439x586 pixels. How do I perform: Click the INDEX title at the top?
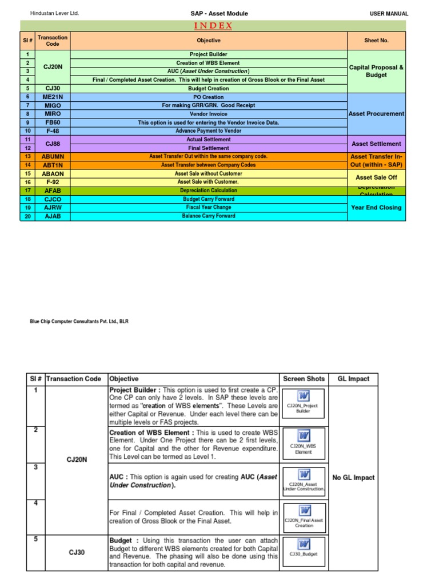point(213,25)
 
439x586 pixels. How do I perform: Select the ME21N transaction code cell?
point(52,97)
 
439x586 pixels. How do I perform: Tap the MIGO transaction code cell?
point(52,105)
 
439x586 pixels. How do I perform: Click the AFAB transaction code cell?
point(52,191)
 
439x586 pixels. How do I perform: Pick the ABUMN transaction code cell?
point(52,156)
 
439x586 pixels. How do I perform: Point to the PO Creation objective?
point(209,97)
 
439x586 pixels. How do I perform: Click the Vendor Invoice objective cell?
point(209,114)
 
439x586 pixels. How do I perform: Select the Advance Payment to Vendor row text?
point(209,131)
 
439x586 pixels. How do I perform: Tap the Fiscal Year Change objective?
point(209,207)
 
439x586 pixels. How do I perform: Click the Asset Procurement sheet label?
point(377,114)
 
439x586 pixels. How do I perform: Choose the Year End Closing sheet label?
point(377,208)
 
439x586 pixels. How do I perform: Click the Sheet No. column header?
point(377,41)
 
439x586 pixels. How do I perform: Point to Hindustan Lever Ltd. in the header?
point(54,13)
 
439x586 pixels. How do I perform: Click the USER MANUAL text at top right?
point(389,13)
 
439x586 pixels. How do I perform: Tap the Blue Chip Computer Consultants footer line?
point(79,322)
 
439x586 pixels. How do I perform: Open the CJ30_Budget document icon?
point(304,548)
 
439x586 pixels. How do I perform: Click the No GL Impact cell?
point(353,477)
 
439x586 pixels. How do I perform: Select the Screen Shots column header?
point(304,378)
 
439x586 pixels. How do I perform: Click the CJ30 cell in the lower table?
point(77,552)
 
